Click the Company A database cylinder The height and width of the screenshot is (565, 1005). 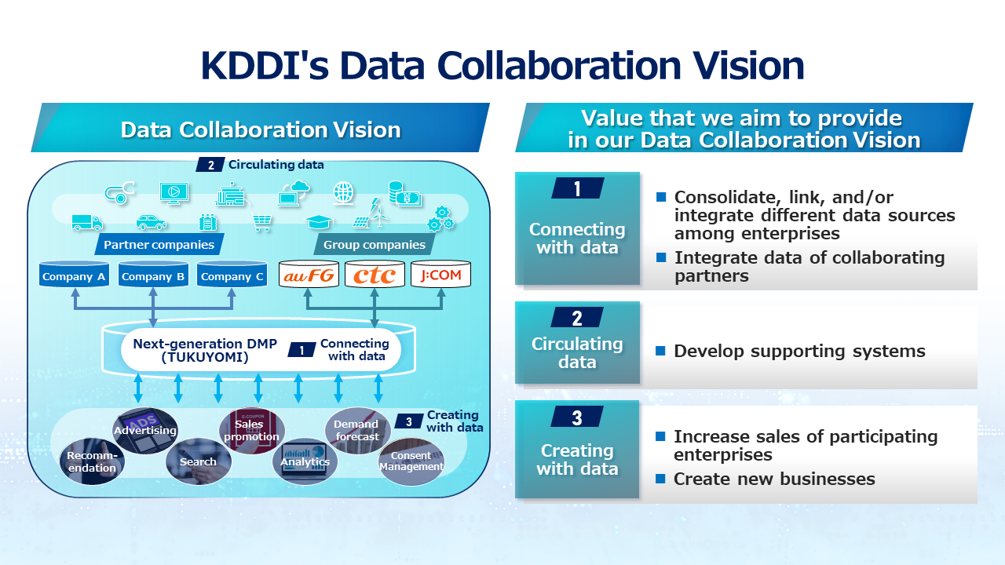pos(74,275)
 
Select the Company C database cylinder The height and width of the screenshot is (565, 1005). pos(232,275)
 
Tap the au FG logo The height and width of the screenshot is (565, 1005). pos(309,275)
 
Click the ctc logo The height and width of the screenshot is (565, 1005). pos(375,275)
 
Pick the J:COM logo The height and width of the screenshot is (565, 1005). pos(440,275)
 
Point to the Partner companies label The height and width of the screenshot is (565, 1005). pos(159,244)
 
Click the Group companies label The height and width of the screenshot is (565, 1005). pos(375,244)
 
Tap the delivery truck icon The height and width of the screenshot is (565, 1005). pos(87,222)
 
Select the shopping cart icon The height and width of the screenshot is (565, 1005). pos(261,222)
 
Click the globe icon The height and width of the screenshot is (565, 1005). pos(343,193)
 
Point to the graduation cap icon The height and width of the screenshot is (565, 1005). pos(319,222)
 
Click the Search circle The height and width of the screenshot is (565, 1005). pos(199,461)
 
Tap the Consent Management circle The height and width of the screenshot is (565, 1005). pos(411,461)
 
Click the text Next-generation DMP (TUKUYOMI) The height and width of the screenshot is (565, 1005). pos(205,350)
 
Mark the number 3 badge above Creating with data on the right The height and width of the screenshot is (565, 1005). pos(577,417)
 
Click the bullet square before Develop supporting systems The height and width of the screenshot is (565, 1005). pos(660,351)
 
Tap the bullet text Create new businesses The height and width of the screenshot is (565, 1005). pos(774,479)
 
